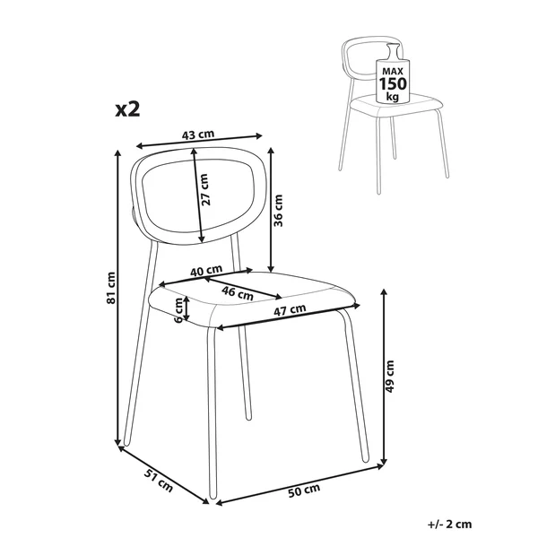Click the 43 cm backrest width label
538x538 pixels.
pos(198,134)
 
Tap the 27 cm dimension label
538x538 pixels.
pos(204,190)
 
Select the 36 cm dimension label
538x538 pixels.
pos(278,211)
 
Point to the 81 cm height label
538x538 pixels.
pos(111,288)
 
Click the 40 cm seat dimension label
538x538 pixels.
pos(206,271)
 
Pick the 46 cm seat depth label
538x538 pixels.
pos(238,293)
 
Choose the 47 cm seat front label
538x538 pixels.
pos(290,310)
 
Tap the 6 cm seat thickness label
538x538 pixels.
pos(178,310)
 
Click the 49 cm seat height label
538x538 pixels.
pos(390,377)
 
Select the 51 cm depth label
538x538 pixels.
pos(158,481)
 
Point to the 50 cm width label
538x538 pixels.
pos(304,490)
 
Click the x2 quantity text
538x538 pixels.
pos(127,109)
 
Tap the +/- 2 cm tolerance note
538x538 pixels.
pos(450,524)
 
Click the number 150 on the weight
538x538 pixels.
pos(393,84)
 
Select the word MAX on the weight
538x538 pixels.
pos(393,72)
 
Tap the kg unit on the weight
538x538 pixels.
pos(393,97)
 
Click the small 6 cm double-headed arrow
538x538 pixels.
pos(187,308)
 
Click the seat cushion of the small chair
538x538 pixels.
pos(398,106)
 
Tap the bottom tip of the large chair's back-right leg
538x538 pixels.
pos(248,418)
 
